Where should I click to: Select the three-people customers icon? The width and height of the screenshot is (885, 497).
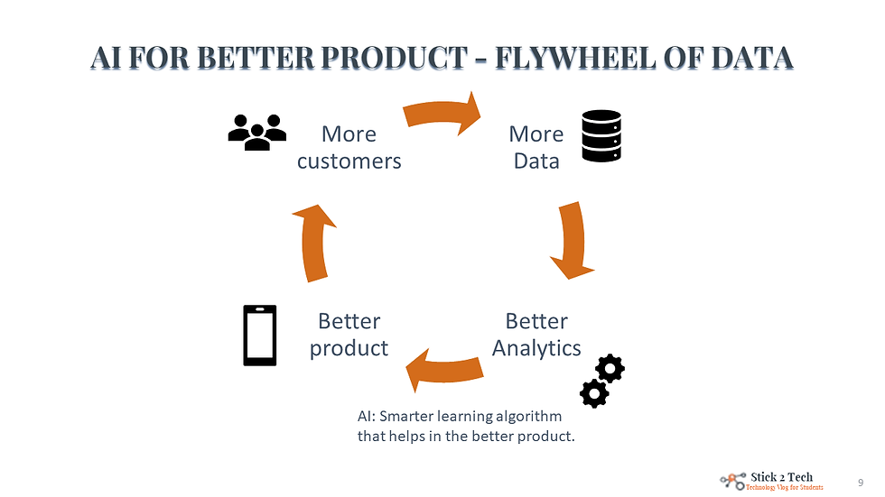click(256, 133)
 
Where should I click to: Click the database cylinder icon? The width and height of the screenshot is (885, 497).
click(601, 136)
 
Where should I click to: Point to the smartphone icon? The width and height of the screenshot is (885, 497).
click(260, 336)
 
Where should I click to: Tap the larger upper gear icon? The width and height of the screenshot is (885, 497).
click(610, 368)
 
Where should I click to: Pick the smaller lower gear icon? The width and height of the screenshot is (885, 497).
click(593, 393)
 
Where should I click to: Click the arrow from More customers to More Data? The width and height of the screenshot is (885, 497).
click(442, 113)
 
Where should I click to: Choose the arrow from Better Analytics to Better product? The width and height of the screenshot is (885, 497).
click(444, 369)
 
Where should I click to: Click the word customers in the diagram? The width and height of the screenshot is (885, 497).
click(349, 161)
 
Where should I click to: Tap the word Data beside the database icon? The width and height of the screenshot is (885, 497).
click(536, 161)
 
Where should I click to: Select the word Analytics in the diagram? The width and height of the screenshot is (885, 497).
click(536, 348)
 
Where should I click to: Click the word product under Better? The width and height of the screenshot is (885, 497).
click(349, 348)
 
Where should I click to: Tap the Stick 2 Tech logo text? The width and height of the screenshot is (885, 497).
click(782, 476)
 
